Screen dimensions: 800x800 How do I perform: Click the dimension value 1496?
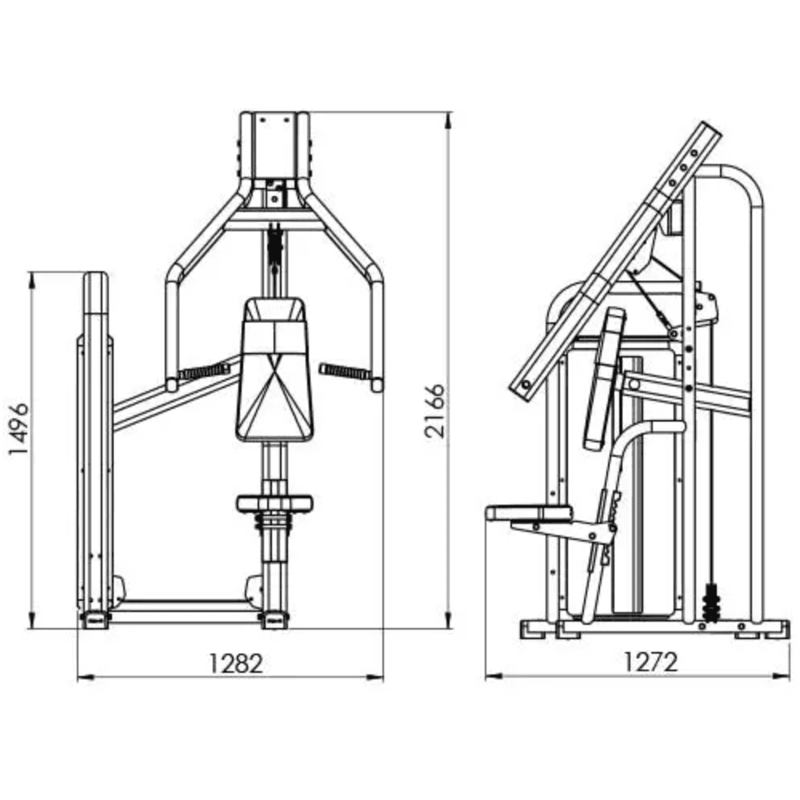(19, 429)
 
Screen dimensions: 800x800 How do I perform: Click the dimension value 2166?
(434, 411)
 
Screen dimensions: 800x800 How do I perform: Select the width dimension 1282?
(236, 663)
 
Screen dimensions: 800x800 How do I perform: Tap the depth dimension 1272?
(651, 662)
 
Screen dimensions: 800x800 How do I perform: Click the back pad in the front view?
(274, 369)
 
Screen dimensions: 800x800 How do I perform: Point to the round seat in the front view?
(274, 503)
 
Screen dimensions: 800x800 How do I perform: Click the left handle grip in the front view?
(204, 371)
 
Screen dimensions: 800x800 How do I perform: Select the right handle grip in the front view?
(346, 371)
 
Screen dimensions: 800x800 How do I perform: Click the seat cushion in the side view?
(529, 513)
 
